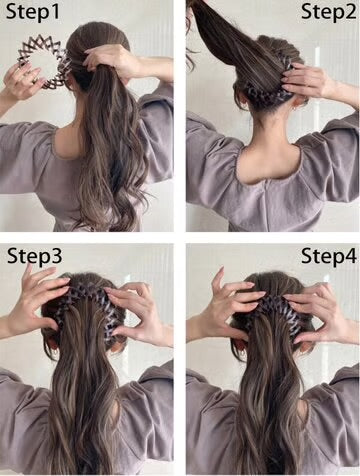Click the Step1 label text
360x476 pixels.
(32, 14)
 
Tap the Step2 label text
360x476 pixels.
(327, 14)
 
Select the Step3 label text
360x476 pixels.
(34, 255)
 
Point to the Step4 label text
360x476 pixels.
(327, 255)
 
